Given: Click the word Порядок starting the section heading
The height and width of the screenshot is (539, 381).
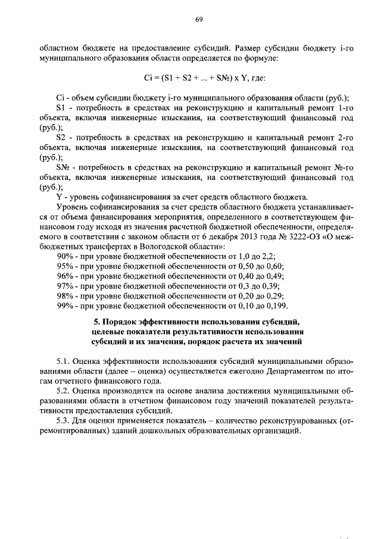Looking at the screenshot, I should (x=117, y=322).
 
